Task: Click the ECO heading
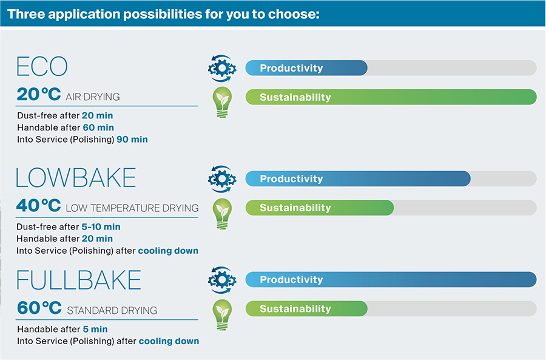(x=42, y=66)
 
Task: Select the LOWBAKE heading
(x=76, y=177)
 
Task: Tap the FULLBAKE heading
(x=79, y=280)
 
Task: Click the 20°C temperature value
(x=39, y=94)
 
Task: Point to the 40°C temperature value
(x=39, y=205)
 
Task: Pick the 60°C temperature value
(x=39, y=308)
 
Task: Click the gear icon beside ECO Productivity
(x=222, y=69)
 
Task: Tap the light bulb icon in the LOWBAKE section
(x=222, y=214)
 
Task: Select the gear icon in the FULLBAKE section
(x=222, y=280)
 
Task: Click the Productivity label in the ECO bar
(x=291, y=68)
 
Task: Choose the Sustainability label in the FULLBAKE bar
(x=295, y=309)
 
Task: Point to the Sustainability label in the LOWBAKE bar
(x=295, y=208)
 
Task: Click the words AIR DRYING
(x=93, y=97)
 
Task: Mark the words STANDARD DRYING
(x=112, y=310)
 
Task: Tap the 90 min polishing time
(x=132, y=140)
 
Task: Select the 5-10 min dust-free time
(x=101, y=227)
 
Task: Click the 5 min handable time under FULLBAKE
(x=95, y=329)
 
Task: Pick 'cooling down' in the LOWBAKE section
(x=168, y=251)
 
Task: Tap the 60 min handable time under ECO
(x=98, y=127)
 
